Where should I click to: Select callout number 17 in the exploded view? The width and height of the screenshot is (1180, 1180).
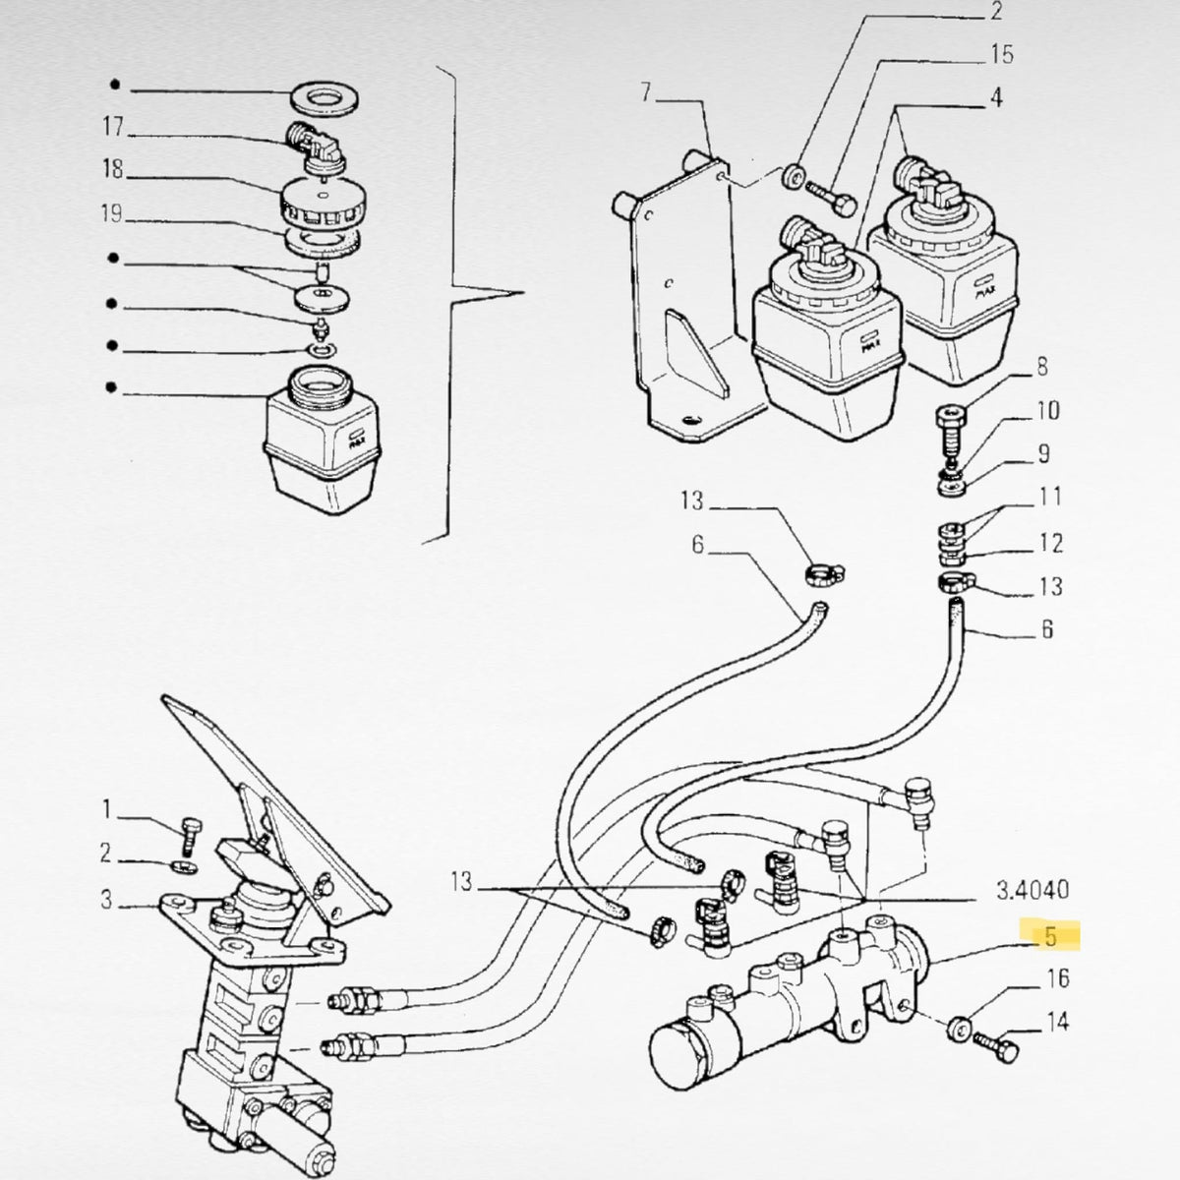coord(113,127)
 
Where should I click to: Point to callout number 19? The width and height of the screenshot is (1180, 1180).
coord(111,213)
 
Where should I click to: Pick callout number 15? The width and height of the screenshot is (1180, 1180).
coord(1002,54)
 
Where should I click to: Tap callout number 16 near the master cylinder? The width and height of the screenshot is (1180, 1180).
coord(1057,977)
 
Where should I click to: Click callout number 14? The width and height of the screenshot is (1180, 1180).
coord(1057,1022)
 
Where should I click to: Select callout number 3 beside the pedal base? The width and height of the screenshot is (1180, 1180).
coord(106,900)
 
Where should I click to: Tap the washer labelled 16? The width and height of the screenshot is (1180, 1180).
coord(959,1028)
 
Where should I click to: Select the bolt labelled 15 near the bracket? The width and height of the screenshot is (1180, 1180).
coord(831,197)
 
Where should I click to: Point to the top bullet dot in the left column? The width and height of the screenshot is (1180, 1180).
coord(115,86)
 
